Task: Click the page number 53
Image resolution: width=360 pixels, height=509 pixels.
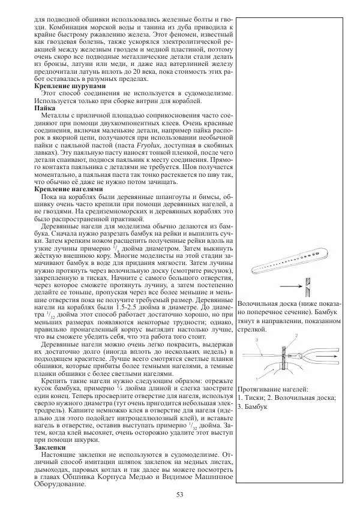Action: click(x=179, y=494)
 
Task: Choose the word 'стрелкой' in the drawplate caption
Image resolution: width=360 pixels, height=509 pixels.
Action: click(x=251, y=329)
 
